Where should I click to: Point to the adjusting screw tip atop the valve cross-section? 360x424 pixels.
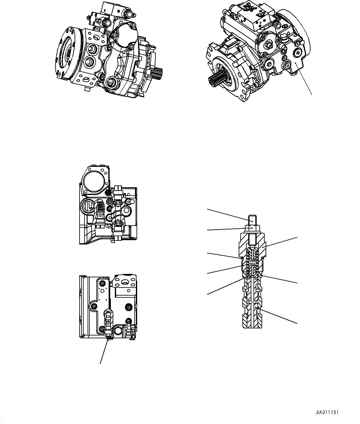click(x=253, y=221)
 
